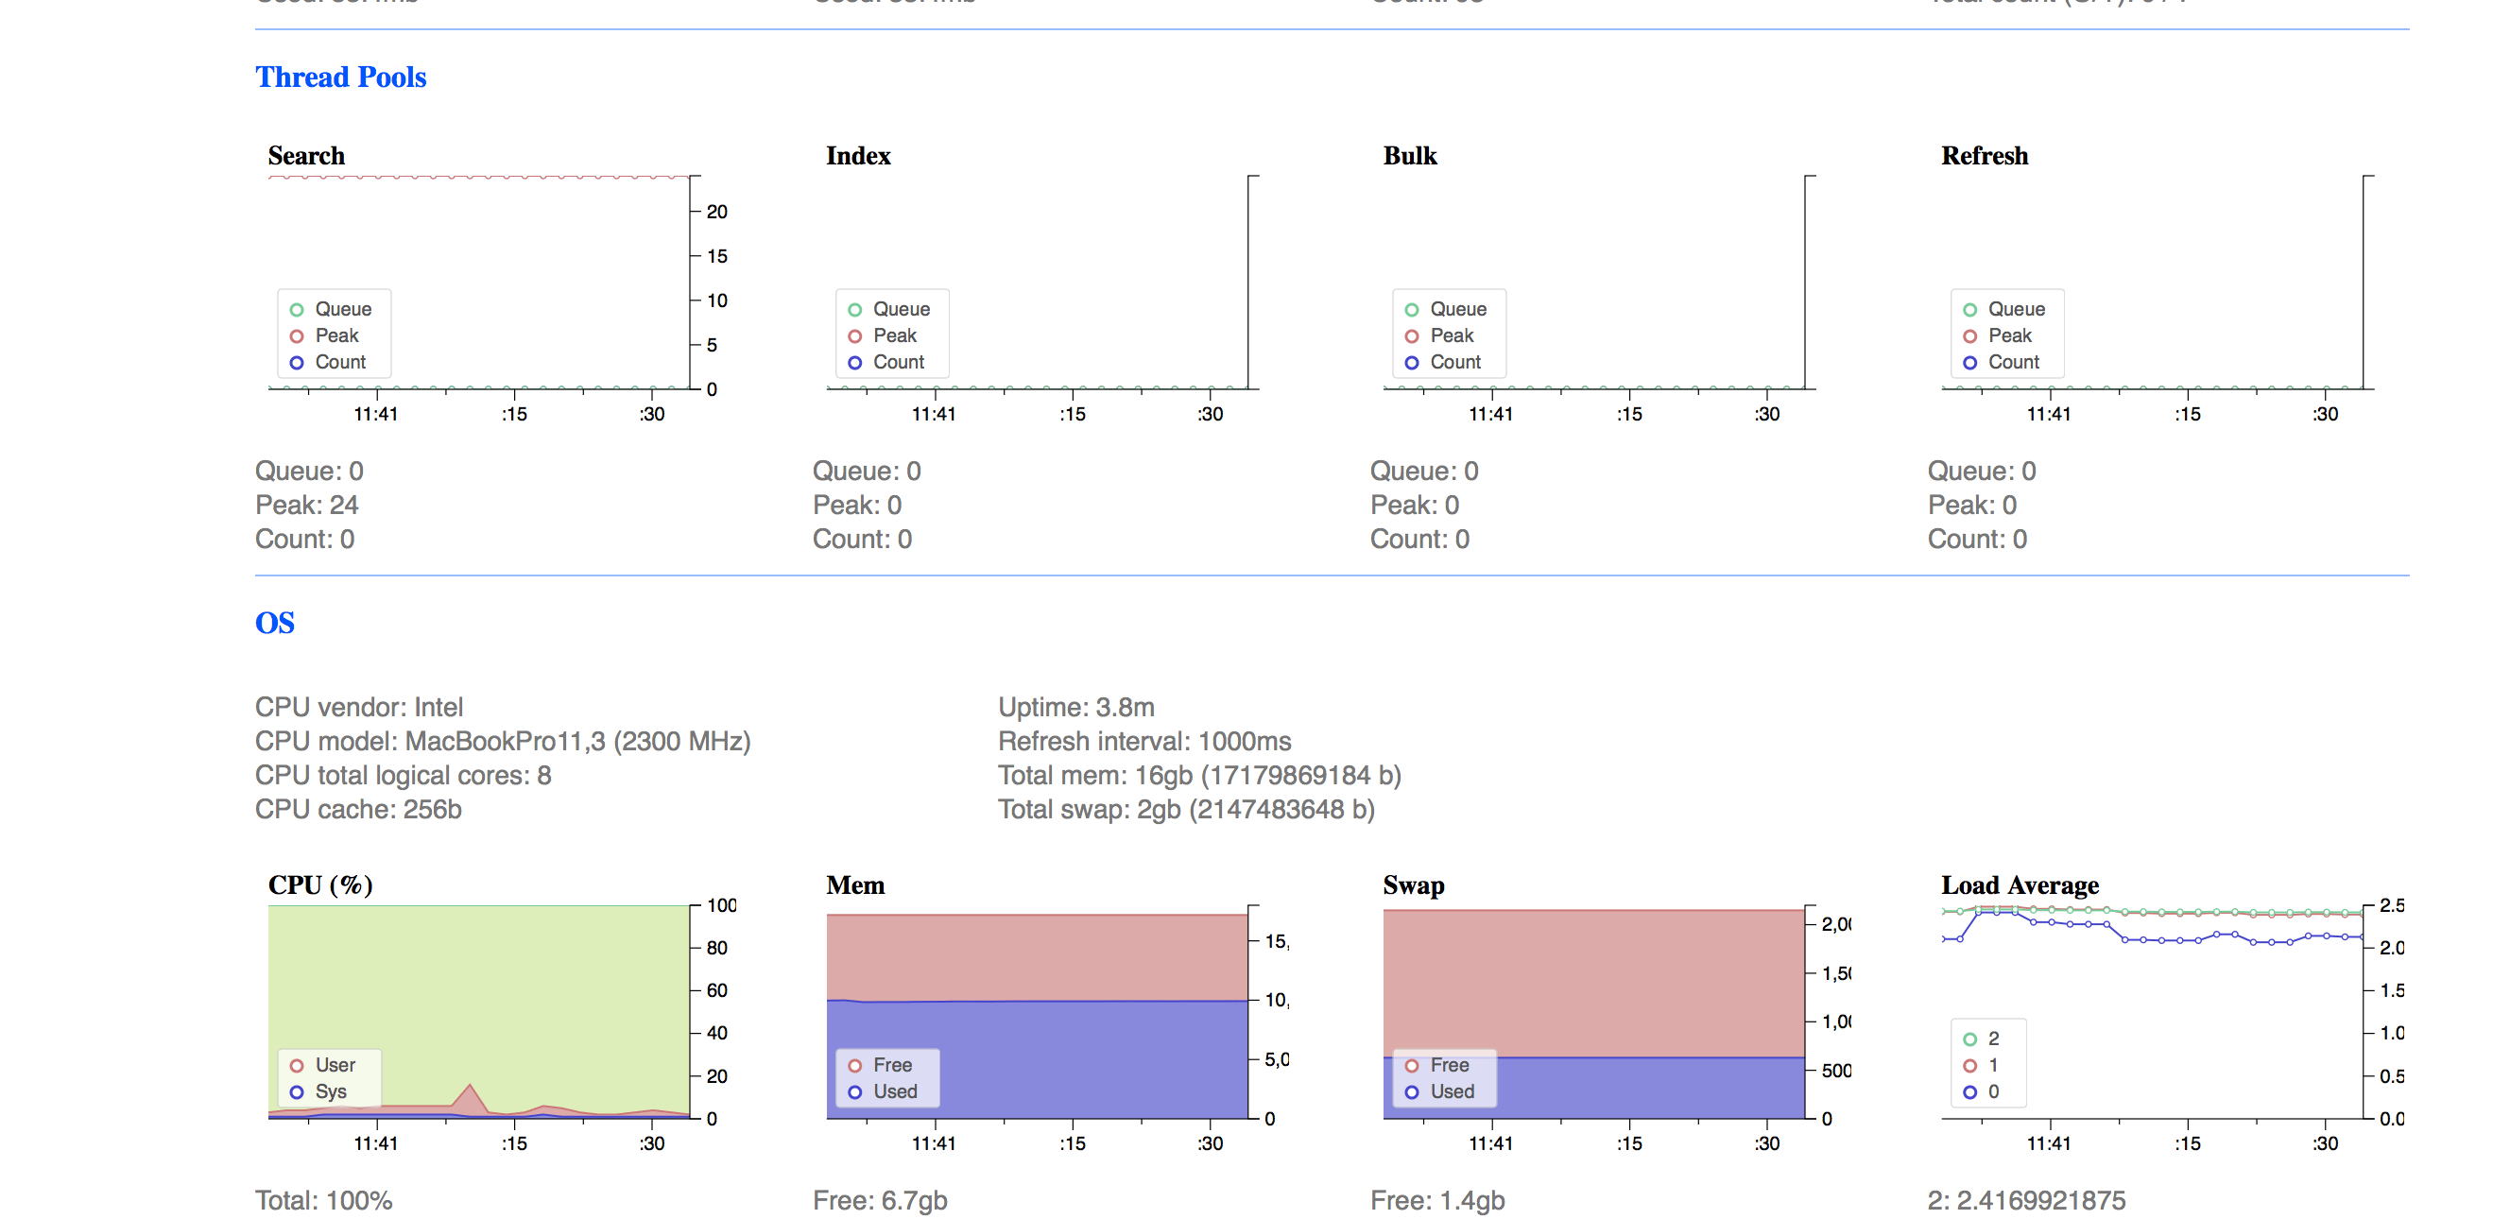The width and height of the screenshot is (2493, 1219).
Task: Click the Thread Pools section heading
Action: (x=339, y=77)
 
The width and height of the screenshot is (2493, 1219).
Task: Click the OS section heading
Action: (x=274, y=622)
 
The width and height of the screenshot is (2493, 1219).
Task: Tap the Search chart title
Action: (x=306, y=156)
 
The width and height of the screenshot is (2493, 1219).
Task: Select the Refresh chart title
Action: (x=1984, y=156)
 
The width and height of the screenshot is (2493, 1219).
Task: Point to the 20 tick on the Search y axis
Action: (x=716, y=212)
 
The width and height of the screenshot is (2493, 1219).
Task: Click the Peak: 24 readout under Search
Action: (x=307, y=505)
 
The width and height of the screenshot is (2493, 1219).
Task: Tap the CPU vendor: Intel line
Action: (x=359, y=707)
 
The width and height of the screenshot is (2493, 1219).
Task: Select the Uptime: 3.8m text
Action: (x=1076, y=707)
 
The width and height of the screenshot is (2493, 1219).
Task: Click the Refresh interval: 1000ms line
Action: (x=1143, y=741)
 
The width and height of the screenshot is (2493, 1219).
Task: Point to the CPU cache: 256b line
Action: (x=358, y=809)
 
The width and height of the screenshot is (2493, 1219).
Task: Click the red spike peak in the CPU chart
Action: (x=470, y=1087)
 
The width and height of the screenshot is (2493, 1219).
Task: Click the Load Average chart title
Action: (x=2020, y=885)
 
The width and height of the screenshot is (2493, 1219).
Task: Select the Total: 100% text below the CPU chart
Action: (x=323, y=1201)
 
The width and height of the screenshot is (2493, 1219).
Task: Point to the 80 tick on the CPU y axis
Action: (x=716, y=948)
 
